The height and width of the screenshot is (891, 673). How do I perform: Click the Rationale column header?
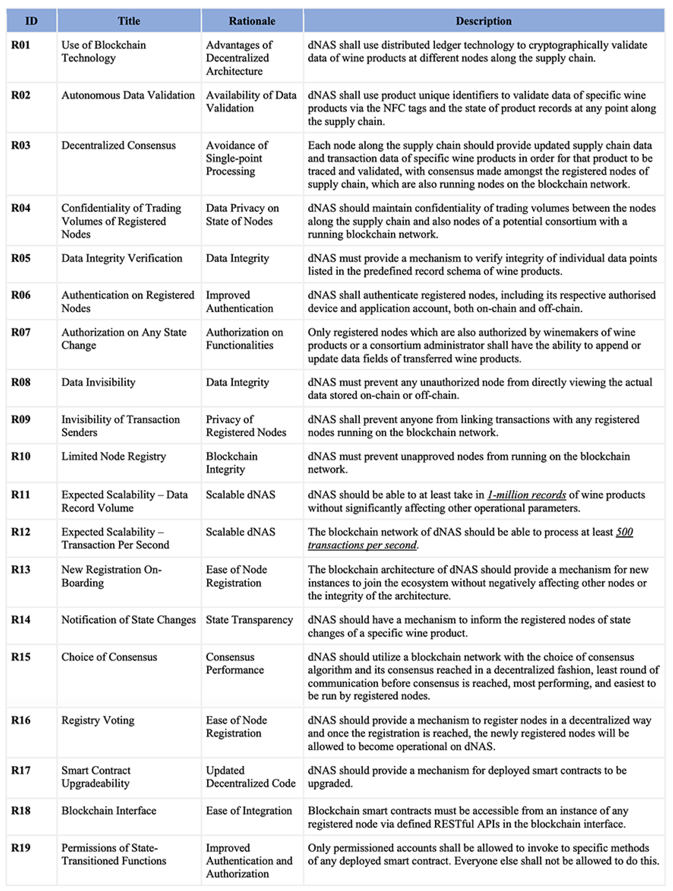click(252, 21)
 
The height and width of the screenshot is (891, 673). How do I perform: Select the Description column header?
click(483, 21)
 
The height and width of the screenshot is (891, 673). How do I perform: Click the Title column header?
click(129, 21)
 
